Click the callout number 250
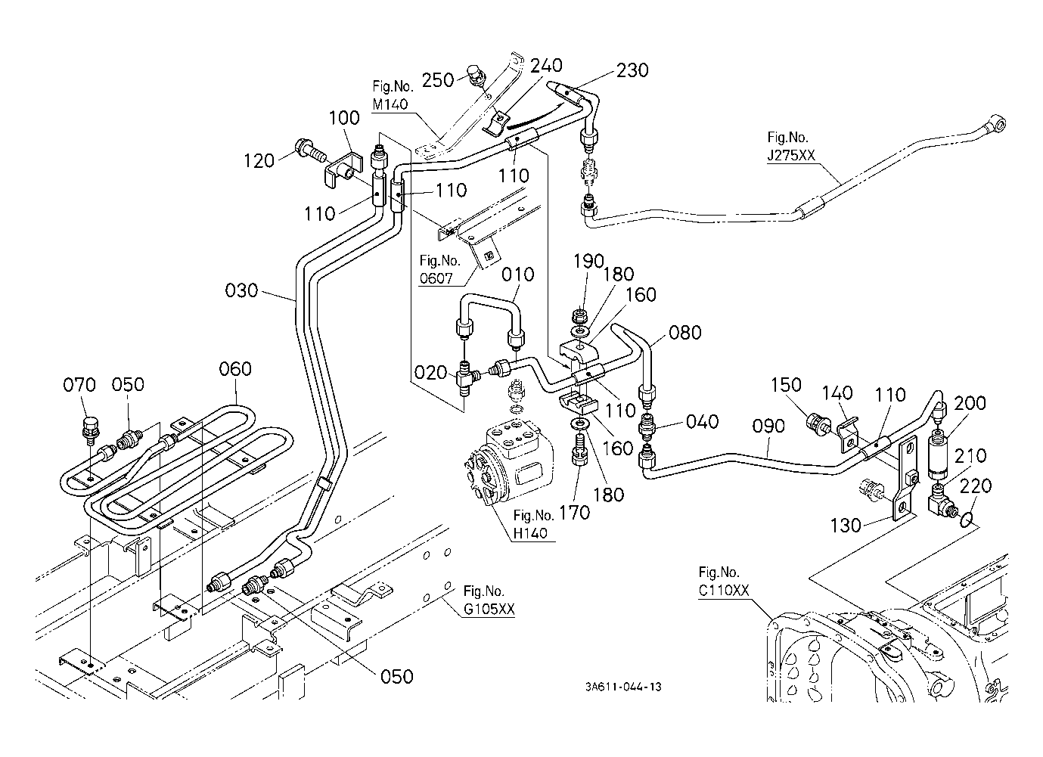(x=438, y=80)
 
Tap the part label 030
(x=241, y=290)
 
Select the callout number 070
(x=79, y=385)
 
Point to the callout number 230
(x=632, y=70)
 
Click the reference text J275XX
(x=791, y=155)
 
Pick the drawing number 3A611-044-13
(x=623, y=687)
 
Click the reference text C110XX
(x=724, y=591)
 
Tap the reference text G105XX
(x=489, y=609)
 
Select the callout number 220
(x=975, y=486)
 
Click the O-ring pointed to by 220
(x=966, y=520)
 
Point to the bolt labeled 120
(x=310, y=151)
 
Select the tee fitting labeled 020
(x=466, y=378)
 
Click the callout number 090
(x=768, y=426)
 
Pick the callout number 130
(x=846, y=526)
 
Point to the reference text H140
(x=530, y=533)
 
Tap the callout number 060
(x=235, y=369)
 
